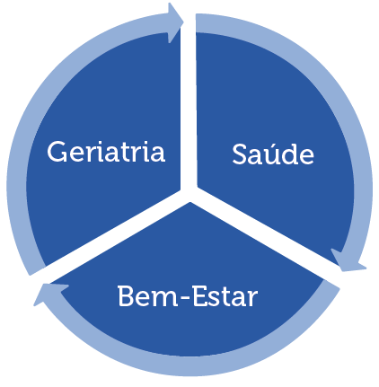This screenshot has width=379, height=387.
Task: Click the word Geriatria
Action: tap(106, 152)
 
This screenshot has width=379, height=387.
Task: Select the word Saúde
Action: tap(273, 154)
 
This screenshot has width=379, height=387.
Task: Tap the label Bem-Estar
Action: tap(188, 296)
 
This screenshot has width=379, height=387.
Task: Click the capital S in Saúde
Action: tap(241, 154)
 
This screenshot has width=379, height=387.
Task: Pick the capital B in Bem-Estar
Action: tap(126, 295)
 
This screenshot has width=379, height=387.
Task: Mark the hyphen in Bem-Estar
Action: tap(185, 298)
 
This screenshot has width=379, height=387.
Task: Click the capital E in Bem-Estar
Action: tap(200, 295)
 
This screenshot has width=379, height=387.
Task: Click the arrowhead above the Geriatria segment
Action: tap(175, 22)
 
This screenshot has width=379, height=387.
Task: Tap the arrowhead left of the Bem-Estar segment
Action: tap(50, 295)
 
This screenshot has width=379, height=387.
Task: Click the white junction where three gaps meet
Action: tap(189, 194)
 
